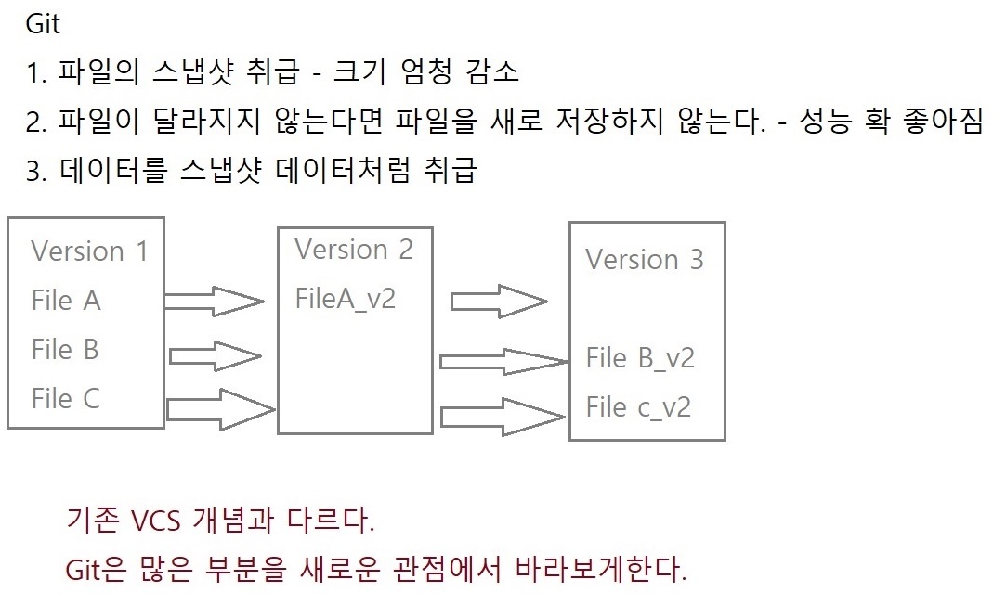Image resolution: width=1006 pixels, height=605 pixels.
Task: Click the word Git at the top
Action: click(x=43, y=24)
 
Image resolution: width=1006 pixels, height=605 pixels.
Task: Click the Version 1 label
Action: click(x=89, y=251)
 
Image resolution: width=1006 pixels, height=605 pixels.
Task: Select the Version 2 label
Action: click(x=354, y=250)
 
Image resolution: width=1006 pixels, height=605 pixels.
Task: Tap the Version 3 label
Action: click(x=644, y=260)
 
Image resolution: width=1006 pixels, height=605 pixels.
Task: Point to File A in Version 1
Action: click(x=66, y=301)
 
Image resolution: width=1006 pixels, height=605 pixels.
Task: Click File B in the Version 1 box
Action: click(x=65, y=350)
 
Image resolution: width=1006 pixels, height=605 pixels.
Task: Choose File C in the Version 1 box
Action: click(x=65, y=399)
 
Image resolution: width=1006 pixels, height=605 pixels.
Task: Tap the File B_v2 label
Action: click(x=640, y=358)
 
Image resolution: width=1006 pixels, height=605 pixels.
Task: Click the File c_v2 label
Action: click(x=638, y=407)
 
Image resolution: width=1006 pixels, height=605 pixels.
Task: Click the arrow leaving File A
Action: click(x=214, y=301)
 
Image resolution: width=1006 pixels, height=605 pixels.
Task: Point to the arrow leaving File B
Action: click(x=215, y=354)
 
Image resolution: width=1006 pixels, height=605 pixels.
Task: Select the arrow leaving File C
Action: click(x=219, y=408)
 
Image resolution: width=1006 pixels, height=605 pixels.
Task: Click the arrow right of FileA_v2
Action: click(x=498, y=302)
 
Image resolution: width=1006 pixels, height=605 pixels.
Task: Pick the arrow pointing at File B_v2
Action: click(x=503, y=360)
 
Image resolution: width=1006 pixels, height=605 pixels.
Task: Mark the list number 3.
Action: click(x=35, y=173)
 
